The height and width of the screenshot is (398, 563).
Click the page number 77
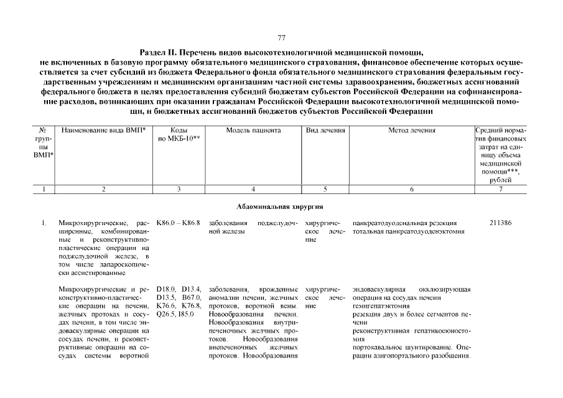click(x=281, y=39)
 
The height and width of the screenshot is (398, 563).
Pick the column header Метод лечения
click(x=411, y=131)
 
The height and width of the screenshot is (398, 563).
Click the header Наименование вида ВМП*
click(x=103, y=131)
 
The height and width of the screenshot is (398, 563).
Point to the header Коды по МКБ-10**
click(x=179, y=134)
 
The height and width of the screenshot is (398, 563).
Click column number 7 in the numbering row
click(x=501, y=189)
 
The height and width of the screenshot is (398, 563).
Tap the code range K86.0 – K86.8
click(x=178, y=223)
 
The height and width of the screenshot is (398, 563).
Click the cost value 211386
click(x=501, y=223)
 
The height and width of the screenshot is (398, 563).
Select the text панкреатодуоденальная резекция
click(x=404, y=223)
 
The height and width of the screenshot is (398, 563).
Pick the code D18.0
click(x=166, y=289)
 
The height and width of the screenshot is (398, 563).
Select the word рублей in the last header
click(x=501, y=180)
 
